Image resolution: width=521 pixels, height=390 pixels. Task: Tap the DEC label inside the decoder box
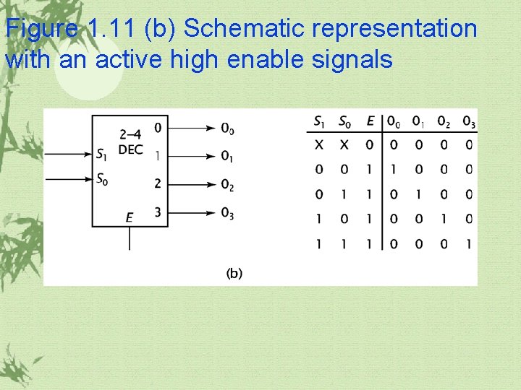point(130,149)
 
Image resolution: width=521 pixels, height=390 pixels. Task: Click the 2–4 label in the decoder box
point(130,134)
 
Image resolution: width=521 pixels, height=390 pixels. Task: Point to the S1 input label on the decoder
point(103,154)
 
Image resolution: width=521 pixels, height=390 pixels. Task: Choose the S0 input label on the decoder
point(103,178)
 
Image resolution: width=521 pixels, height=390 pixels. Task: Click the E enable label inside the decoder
point(130,217)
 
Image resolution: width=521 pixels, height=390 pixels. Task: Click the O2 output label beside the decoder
point(227,186)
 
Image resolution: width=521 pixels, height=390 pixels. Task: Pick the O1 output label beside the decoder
point(227,157)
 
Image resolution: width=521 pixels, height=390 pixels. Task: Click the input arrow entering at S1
point(69,154)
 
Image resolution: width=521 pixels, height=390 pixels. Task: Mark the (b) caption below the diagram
point(234,273)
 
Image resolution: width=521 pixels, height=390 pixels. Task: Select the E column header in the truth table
point(370,121)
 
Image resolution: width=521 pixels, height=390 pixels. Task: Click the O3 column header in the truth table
point(469,121)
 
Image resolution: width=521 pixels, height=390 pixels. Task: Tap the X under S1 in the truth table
point(319,145)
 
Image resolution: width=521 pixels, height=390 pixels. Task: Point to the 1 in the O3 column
point(469,244)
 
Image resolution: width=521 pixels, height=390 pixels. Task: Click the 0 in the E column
point(369,145)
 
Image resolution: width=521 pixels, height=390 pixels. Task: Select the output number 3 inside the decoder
point(157,212)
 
